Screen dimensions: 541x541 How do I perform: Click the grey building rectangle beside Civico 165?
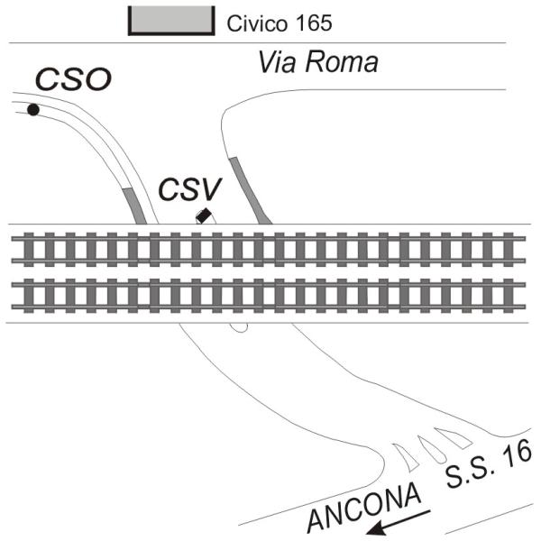coord(171,19)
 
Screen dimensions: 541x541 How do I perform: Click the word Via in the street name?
coord(276,63)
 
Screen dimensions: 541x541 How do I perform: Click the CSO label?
coord(73,80)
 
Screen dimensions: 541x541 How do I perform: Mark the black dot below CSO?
coord(33,110)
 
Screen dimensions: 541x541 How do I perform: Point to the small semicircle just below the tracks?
coord(239,326)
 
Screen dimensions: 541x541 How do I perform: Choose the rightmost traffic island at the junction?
coord(453,438)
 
